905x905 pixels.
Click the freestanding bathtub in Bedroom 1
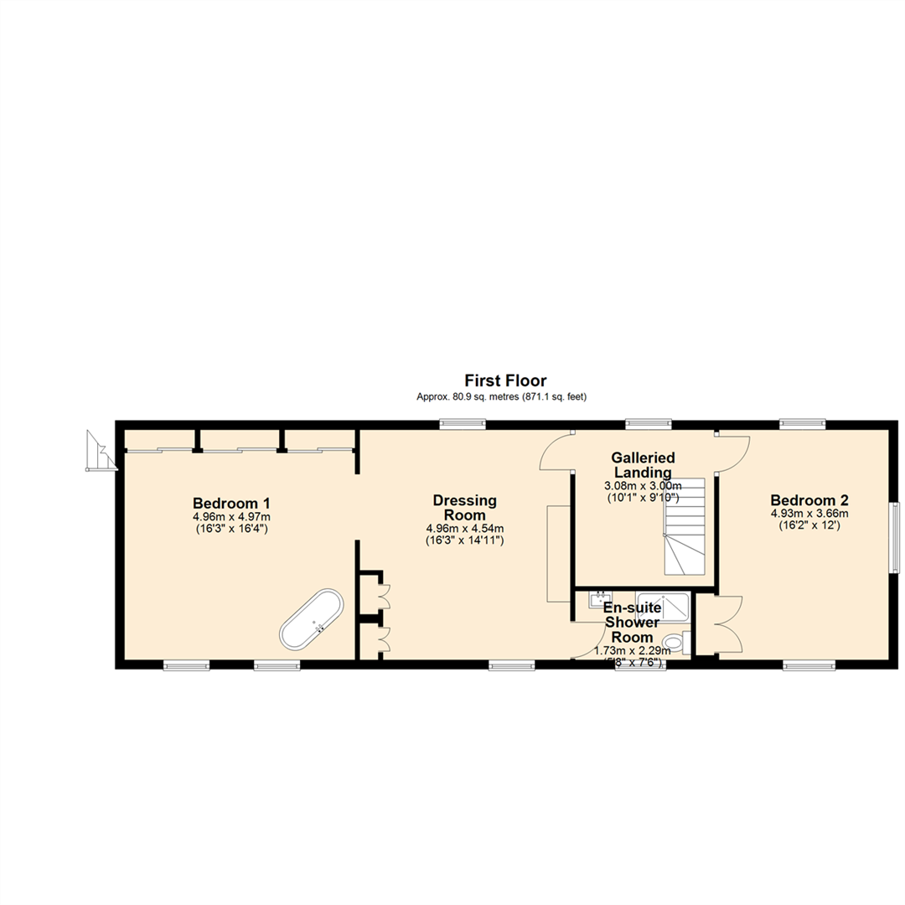[x=312, y=620]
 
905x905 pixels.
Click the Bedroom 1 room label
[x=231, y=503]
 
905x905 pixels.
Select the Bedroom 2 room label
[x=809, y=499]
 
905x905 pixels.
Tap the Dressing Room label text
[x=464, y=508]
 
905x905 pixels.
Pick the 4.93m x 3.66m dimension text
[x=809, y=514]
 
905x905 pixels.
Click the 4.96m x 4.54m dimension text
[x=464, y=528]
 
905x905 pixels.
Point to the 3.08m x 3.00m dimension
[x=643, y=486]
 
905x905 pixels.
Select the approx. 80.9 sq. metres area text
[x=501, y=397]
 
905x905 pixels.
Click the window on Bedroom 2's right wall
[x=894, y=537]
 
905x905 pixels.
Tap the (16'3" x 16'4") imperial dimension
[x=231, y=530]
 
